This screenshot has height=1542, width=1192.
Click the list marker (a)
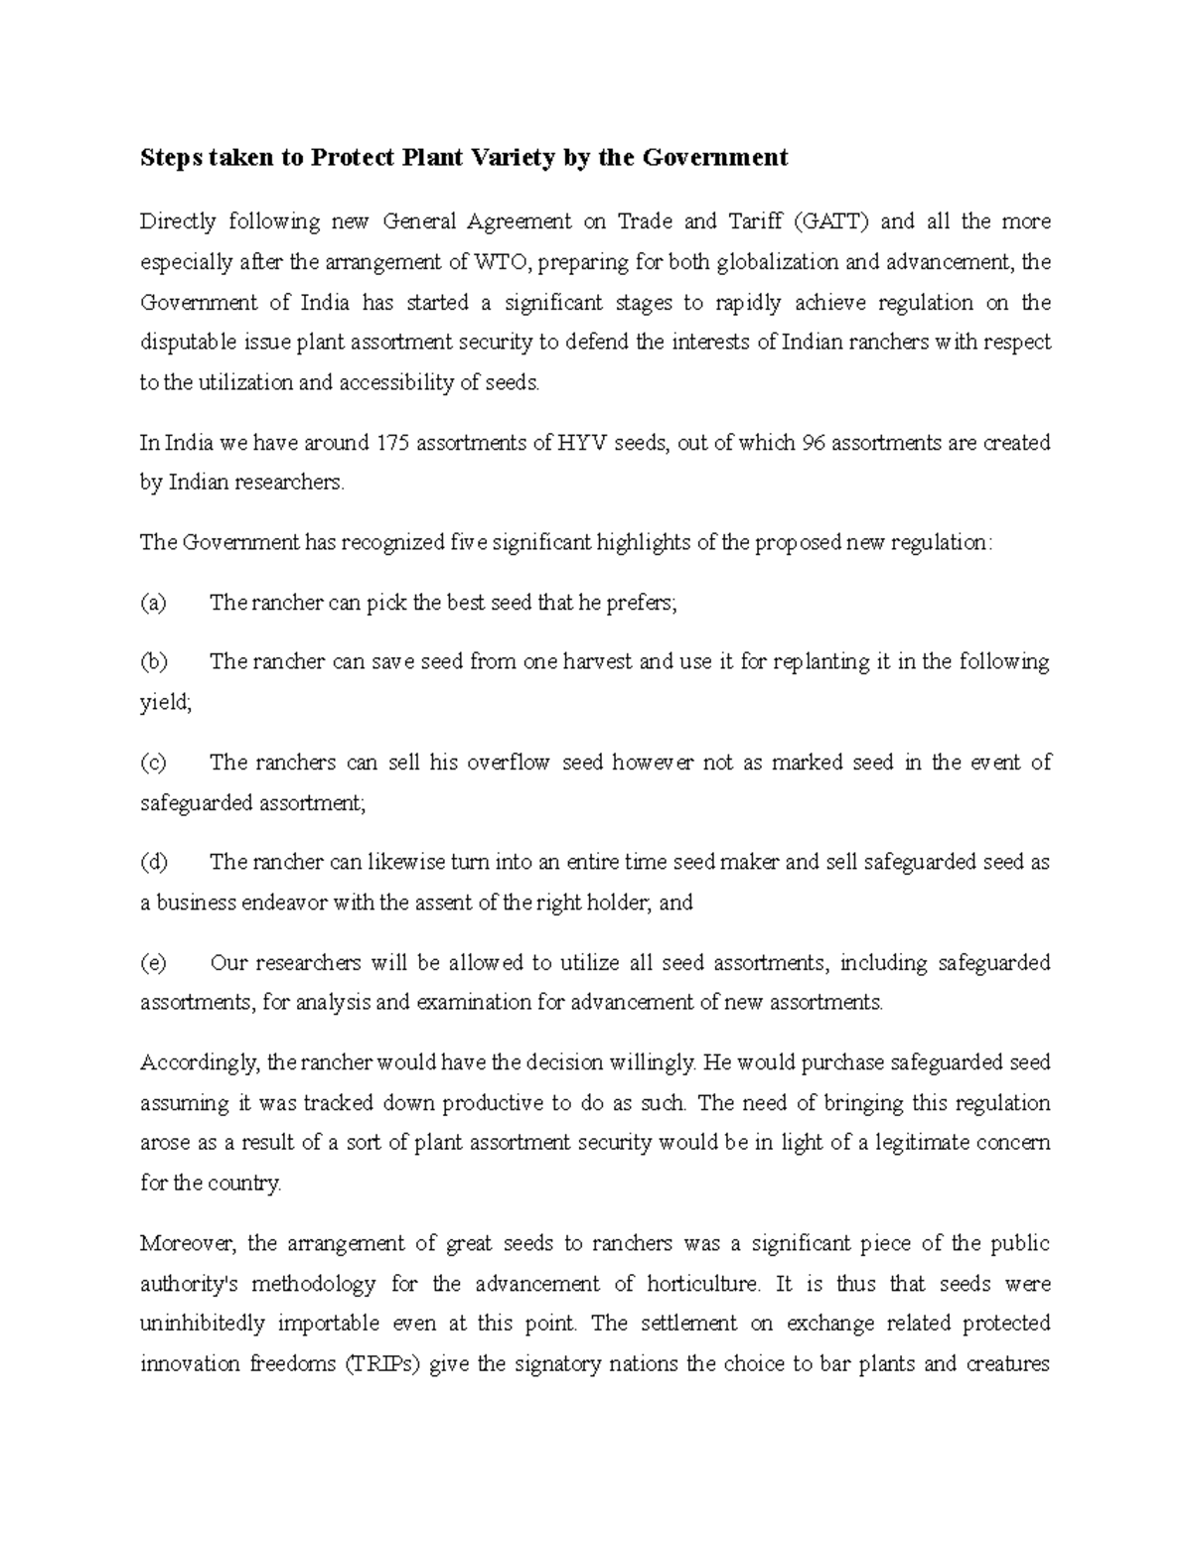tap(153, 603)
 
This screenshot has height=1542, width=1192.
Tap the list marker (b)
tap(154, 662)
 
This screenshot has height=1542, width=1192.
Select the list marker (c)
tap(153, 763)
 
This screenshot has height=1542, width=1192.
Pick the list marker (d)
tap(154, 862)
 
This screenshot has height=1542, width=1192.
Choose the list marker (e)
tap(153, 962)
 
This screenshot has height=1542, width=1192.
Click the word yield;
tap(165, 703)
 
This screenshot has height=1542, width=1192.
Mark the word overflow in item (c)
tap(508, 763)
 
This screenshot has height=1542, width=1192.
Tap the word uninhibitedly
tap(203, 1325)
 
